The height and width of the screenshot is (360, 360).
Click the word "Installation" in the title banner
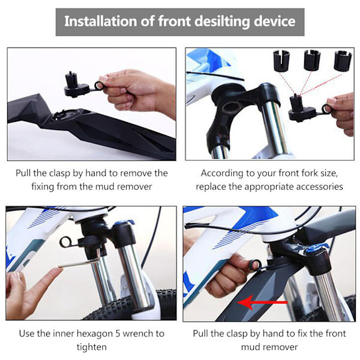tap(101, 21)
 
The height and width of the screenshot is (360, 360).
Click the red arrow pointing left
tap(262, 302)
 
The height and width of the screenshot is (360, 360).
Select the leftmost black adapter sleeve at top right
tap(281, 61)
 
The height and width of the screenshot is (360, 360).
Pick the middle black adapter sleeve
tap(312, 60)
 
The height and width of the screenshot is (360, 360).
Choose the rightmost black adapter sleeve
tap(343, 61)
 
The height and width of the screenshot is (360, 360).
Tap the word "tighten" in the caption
tap(92, 347)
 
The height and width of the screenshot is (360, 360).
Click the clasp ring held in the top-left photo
tap(99, 86)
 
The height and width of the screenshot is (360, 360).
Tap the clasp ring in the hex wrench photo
tap(65, 242)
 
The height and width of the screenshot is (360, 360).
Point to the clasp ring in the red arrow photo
tap(255, 265)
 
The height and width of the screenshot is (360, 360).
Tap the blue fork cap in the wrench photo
tap(124, 222)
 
